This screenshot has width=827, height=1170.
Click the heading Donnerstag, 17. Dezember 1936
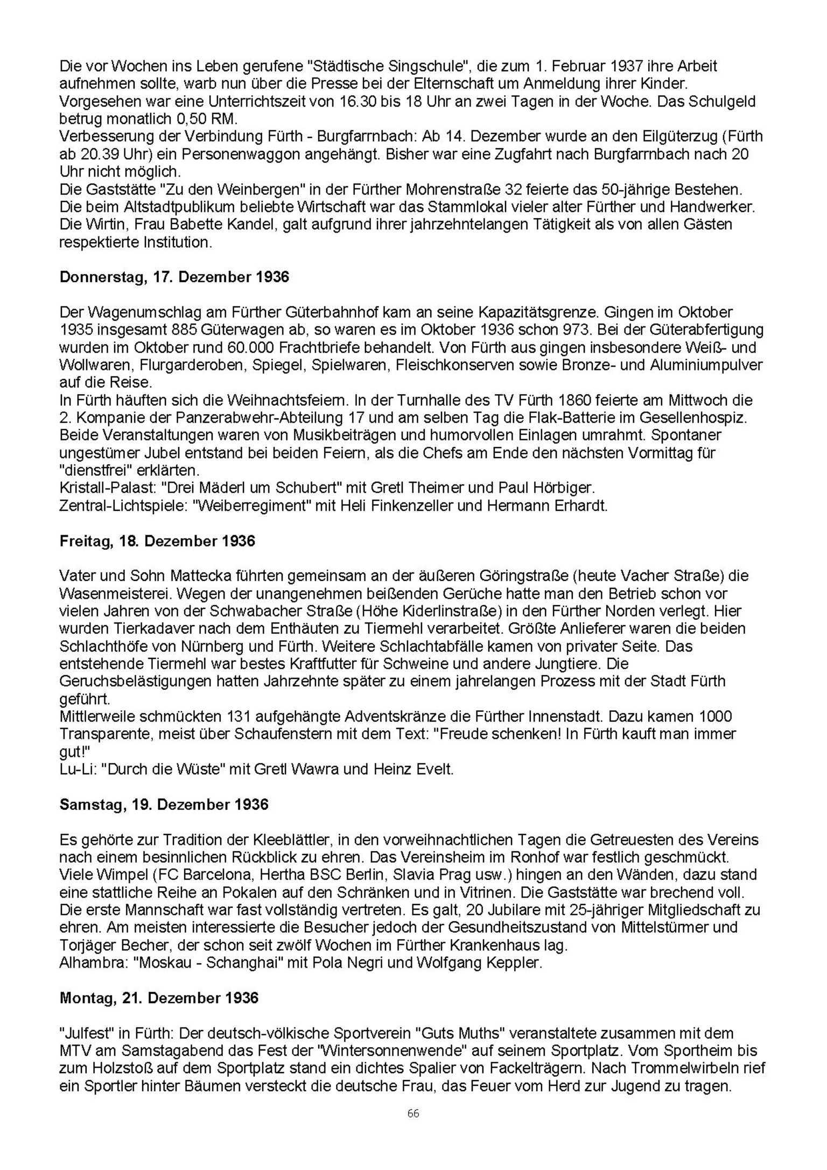(174, 277)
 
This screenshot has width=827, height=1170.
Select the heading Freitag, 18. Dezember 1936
(157, 541)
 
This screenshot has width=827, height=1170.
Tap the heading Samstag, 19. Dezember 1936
(164, 804)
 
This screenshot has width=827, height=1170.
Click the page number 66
(413, 1113)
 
